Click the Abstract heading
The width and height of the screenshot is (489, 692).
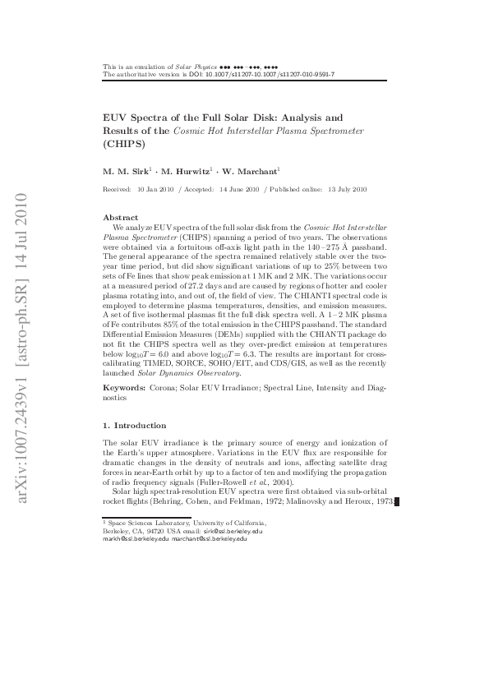[120, 217]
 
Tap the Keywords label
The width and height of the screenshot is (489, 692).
[124, 386]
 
